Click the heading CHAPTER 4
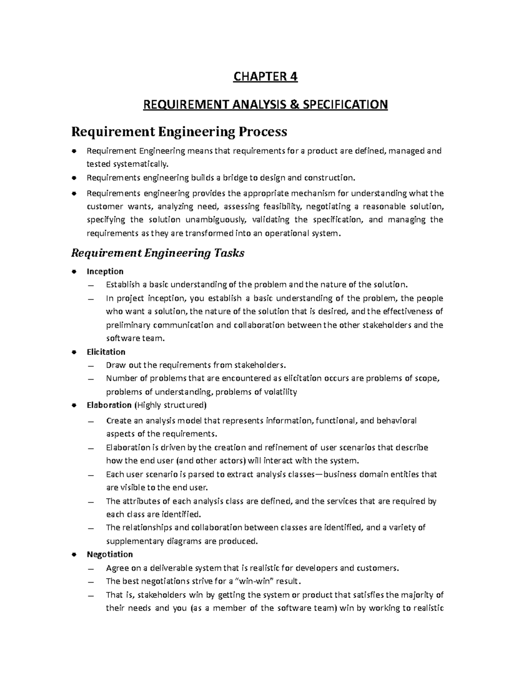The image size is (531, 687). [x=265, y=77]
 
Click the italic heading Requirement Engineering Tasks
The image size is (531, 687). [x=158, y=253]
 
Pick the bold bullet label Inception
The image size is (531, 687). [x=105, y=271]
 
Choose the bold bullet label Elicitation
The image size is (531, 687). [x=106, y=352]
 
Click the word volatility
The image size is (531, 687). [x=281, y=391]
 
